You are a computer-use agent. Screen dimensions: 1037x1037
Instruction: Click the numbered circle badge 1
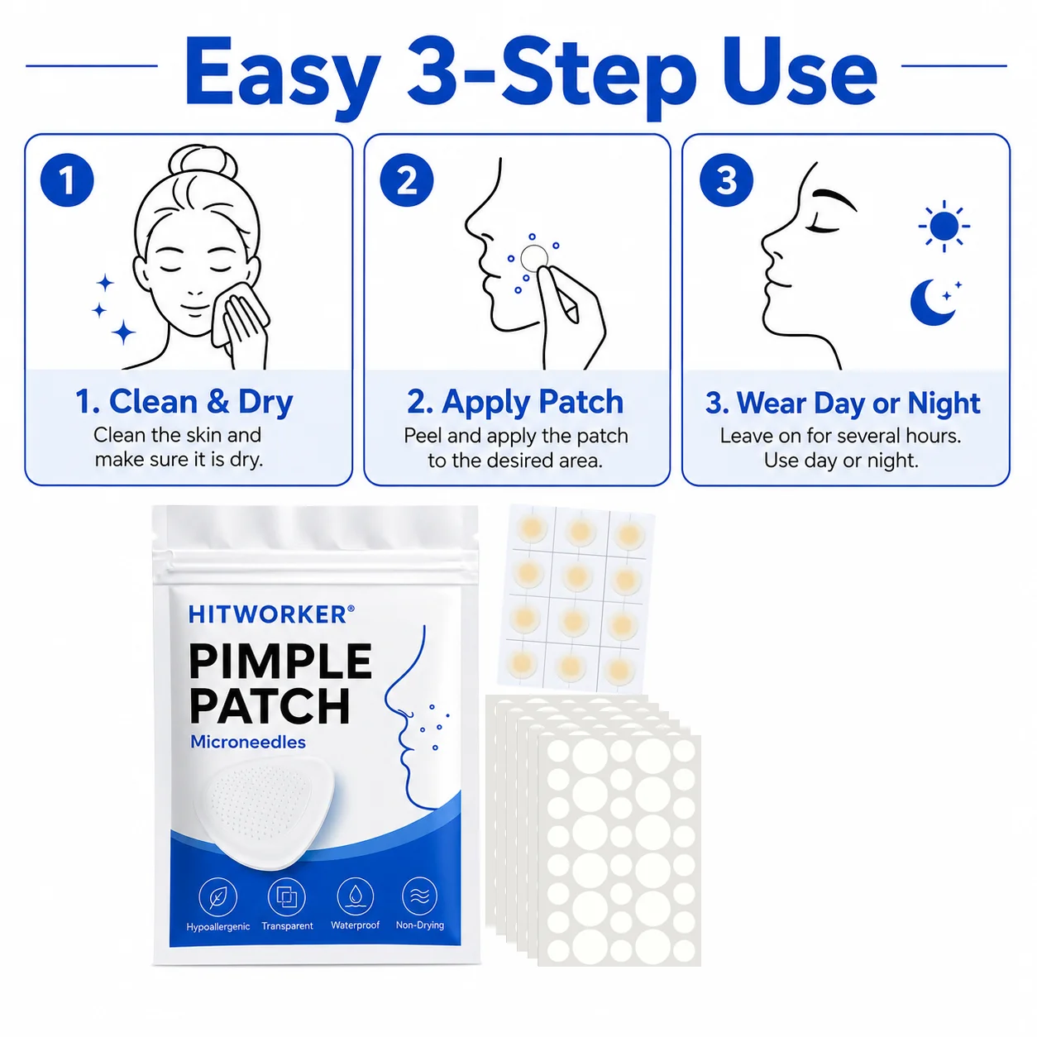(x=67, y=179)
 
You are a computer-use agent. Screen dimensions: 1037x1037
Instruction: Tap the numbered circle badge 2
(x=406, y=179)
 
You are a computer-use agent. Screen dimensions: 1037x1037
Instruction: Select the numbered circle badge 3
(x=726, y=179)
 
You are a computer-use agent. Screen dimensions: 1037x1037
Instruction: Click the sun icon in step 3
(x=944, y=226)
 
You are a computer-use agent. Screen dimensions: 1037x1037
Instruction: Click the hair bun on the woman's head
(x=203, y=163)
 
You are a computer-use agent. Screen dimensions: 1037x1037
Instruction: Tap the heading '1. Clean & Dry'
(x=184, y=402)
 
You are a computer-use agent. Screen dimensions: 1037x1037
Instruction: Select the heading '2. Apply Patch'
(x=515, y=402)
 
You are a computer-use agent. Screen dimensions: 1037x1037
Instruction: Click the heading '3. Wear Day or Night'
(x=843, y=403)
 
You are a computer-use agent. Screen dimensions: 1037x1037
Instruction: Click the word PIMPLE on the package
(x=280, y=662)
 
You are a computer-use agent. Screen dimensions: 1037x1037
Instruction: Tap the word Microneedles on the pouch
(x=248, y=743)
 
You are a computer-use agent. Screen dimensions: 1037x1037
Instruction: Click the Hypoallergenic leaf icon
(x=217, y=897)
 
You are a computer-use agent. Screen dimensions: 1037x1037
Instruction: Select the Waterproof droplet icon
(x=355, y=896)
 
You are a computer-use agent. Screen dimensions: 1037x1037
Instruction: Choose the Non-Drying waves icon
(x=419, y=896)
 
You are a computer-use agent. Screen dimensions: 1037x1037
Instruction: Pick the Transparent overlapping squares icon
(x=286, y=896)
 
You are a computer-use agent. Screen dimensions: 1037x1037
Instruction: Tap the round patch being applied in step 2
(x=534, y=259)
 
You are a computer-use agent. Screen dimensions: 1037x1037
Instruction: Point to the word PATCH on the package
(x=270, y=706)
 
